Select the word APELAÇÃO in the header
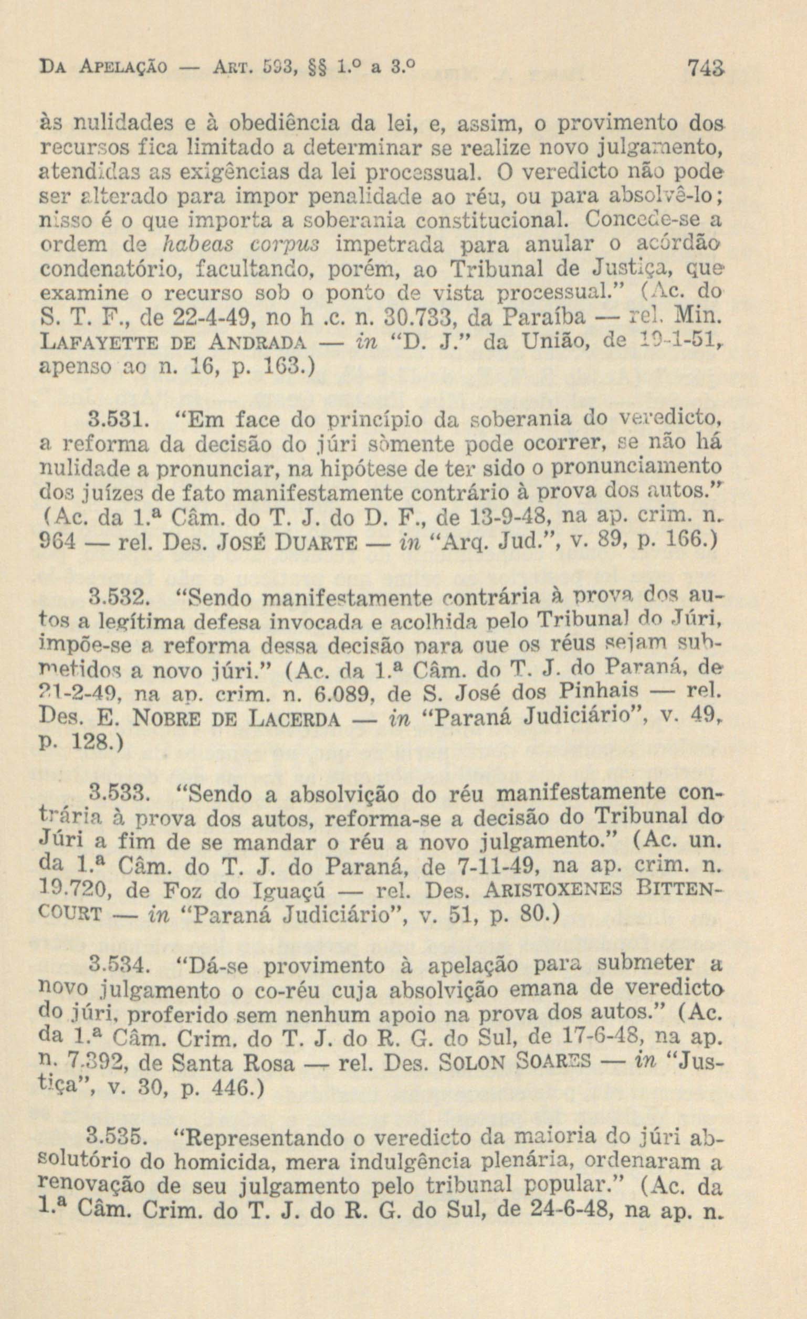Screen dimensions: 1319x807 coord(118,68)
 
